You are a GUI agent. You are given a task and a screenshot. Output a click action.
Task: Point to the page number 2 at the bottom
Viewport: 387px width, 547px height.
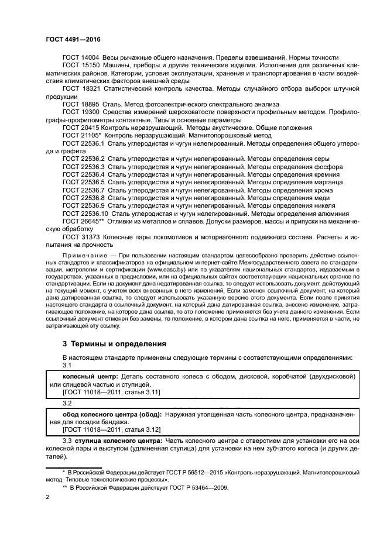click(48, 498)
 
